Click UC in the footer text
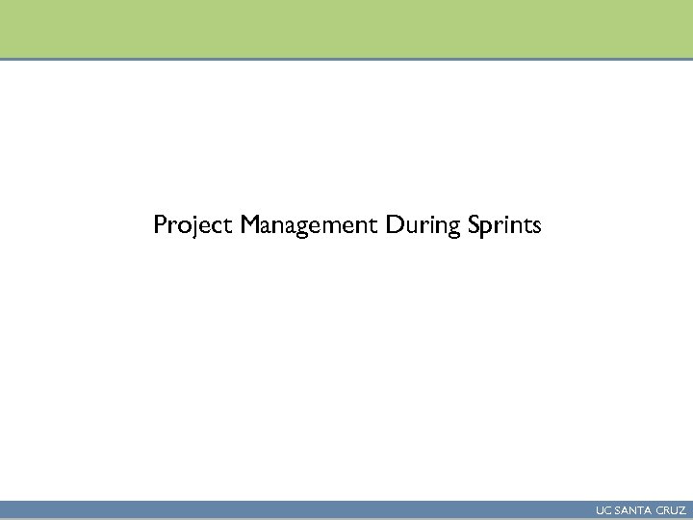(x=603, y=510)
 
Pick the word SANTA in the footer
(x=631, y=510)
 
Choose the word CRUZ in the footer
(x=670, y=510)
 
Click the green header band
(x=346, y=29)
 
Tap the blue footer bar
(x=289, y=510)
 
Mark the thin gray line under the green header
(x=346, y=60)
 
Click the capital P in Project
(x=160, y=225)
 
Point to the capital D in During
(x=394, y=225)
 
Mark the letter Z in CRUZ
(x=681, y=510)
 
